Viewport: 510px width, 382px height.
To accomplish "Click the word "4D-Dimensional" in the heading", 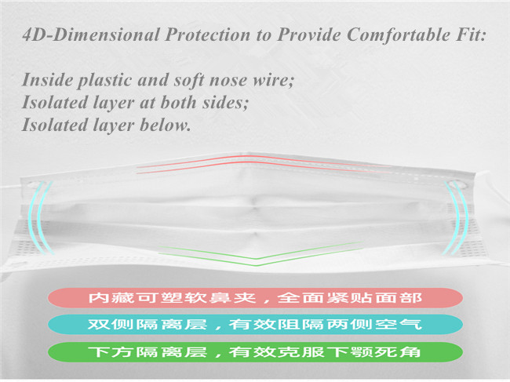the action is click(x=91, y=35).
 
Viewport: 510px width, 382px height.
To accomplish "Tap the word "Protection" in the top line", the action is click(x=208, y=35).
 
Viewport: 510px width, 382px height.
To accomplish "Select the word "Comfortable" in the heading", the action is click(x=399, y=35).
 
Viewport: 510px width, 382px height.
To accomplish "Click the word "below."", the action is click(x=165, y=126).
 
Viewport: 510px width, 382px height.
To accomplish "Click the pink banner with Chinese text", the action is click(x=255, y=298).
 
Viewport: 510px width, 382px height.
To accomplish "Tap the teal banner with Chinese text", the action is click(x=255, y=325).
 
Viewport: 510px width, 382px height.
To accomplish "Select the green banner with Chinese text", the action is click(x=255, y=351).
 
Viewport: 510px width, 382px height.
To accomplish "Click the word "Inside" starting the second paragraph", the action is click(x=47, y=80).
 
